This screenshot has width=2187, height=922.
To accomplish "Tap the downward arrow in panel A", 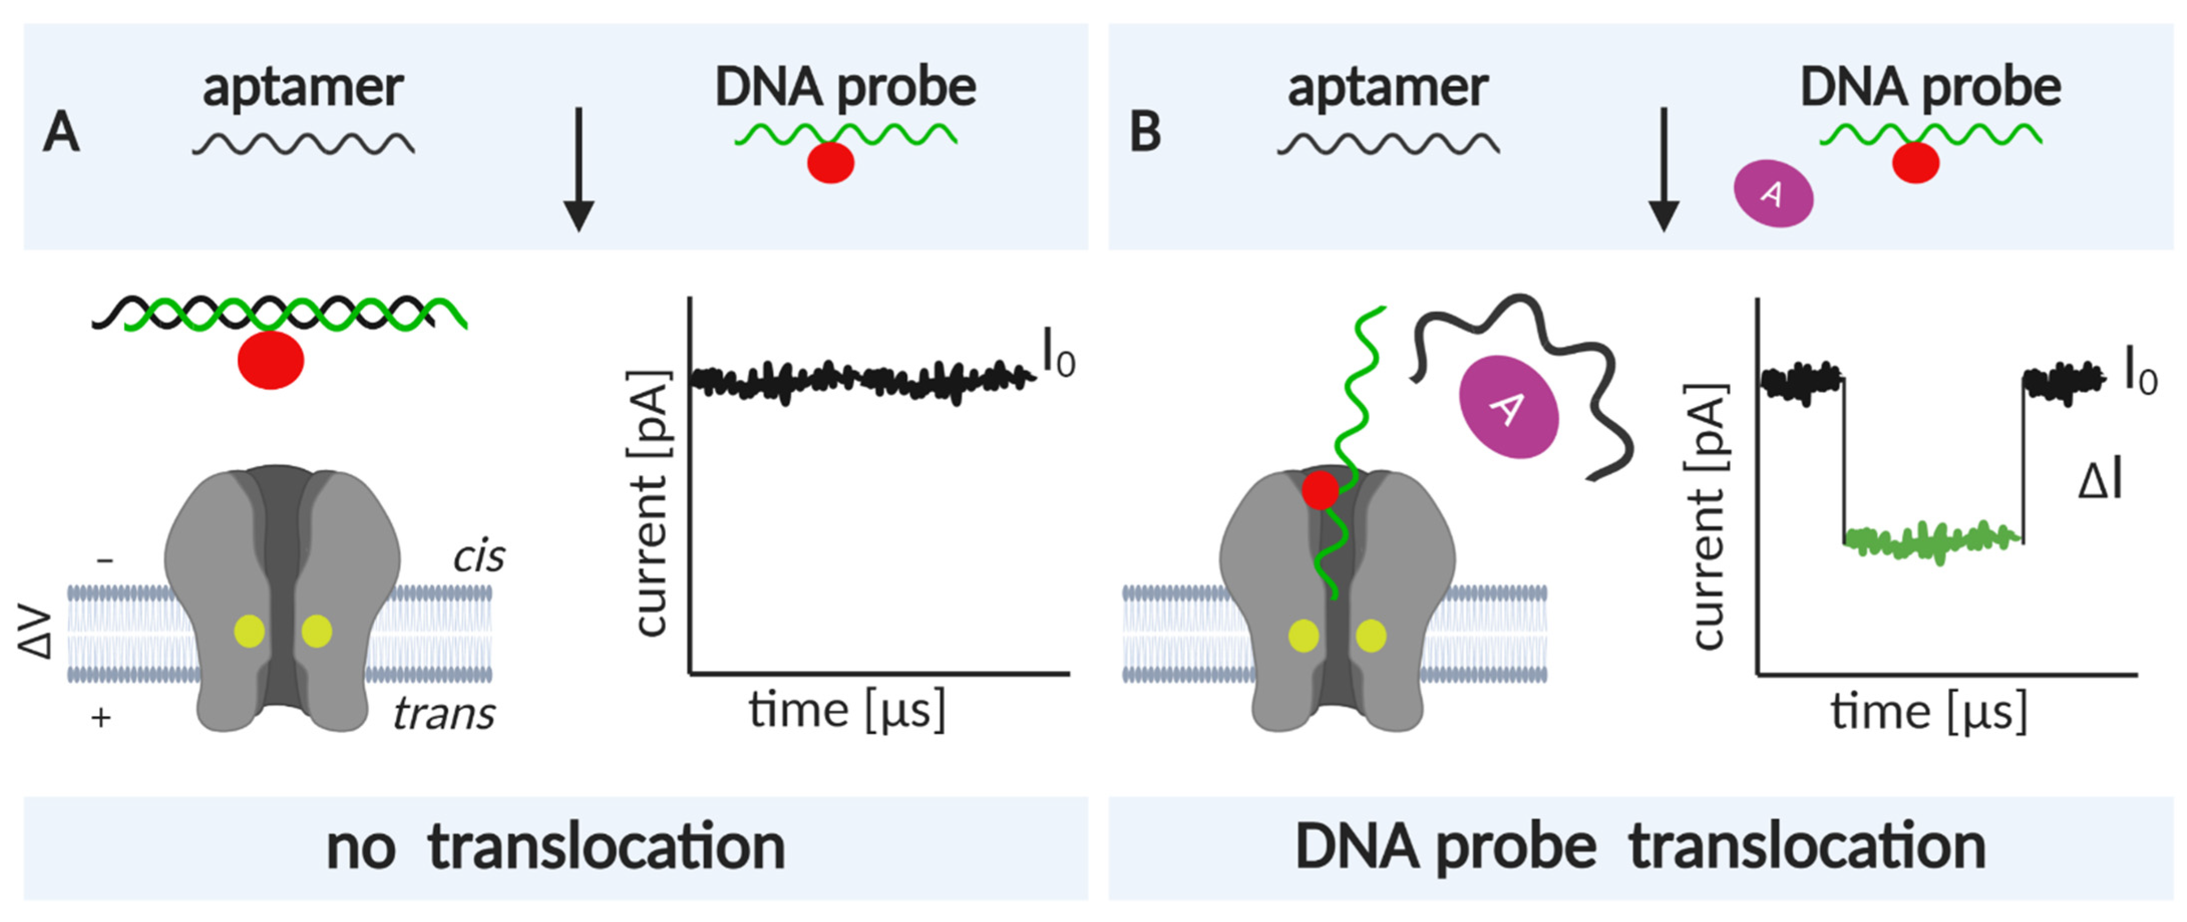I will tap(579, 170).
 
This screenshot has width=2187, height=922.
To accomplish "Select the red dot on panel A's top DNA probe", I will tap(830, 163).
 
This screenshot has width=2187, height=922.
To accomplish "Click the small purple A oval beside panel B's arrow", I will tap(1772, 193).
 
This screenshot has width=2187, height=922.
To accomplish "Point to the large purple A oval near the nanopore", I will tap(1509, 407).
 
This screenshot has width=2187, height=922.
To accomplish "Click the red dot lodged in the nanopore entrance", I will tap(1320, 490).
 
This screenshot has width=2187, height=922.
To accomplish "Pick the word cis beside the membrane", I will tap(478, 557).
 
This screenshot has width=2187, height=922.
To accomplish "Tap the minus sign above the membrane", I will tap(105, 560).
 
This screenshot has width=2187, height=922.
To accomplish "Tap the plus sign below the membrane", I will tap(101, 718).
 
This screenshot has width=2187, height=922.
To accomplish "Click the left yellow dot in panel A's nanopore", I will tap(250, 631).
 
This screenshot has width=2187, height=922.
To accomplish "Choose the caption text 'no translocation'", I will tap(555, 847).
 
